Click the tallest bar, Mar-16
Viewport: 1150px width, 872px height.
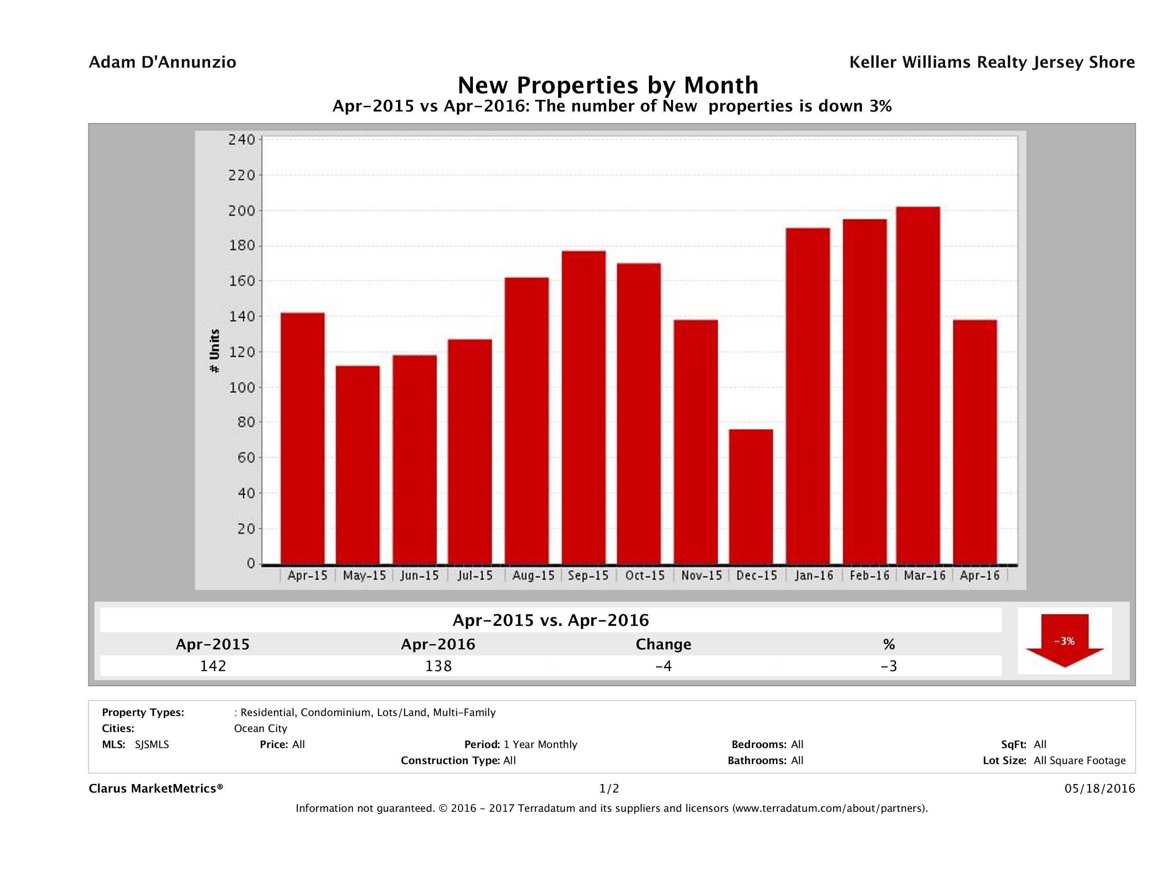918,385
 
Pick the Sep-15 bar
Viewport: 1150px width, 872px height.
584,408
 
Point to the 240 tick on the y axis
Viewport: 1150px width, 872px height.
242,140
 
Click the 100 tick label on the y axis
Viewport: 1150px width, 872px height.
242,388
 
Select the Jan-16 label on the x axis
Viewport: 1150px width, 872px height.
814,575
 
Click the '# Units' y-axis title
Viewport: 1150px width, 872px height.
214,351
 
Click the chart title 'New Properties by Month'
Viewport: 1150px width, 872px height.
608,85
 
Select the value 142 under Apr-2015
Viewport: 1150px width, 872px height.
213,666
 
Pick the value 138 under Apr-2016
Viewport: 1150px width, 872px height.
438,666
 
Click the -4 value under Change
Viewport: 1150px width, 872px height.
664,666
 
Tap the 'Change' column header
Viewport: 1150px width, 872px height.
664,644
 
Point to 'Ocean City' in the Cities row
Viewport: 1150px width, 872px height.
261,728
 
